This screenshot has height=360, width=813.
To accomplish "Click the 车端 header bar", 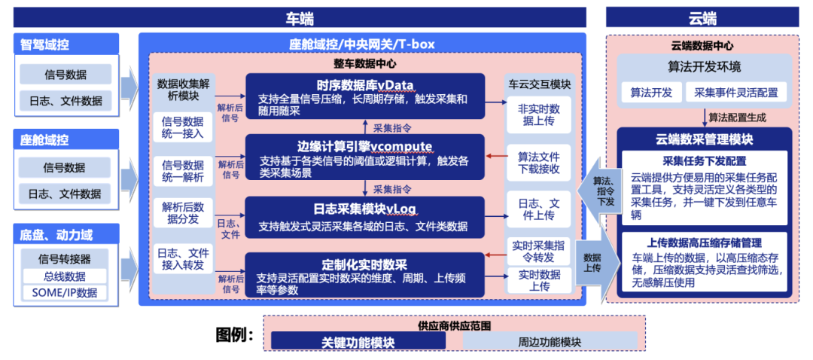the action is [x=299, y=18].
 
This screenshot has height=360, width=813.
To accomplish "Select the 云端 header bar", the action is [x=702, y=18].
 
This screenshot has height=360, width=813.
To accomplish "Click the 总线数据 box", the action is [x=65, y=276].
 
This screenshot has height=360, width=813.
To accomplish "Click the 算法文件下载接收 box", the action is [x=539, y=162].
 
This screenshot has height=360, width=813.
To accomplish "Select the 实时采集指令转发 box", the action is [x=539, y=250].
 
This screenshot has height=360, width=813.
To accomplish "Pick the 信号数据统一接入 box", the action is [x=183, y=127].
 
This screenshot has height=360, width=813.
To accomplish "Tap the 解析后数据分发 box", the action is [x=183, y=213].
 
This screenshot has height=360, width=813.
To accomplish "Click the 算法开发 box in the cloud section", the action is [x=651, y=93].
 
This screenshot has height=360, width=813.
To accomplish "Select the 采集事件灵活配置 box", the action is [x=736, y=93].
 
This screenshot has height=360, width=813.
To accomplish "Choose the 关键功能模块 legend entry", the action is [x=358, y=341].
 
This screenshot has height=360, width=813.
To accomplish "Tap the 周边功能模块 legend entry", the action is [x=550, y=341].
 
